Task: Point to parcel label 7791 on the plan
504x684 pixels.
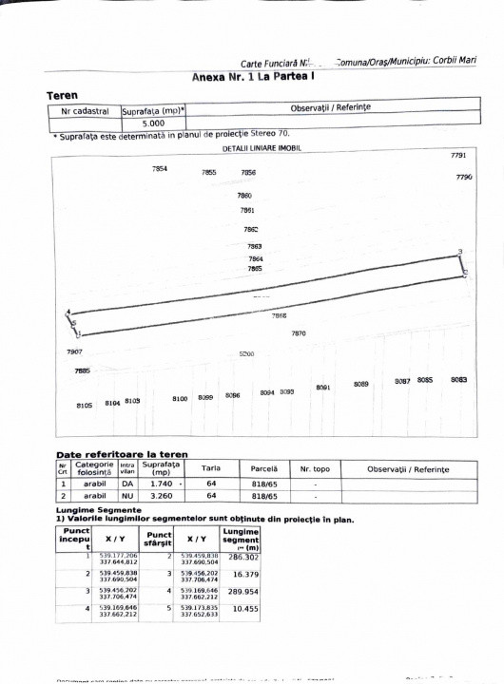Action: [x=457, y=155]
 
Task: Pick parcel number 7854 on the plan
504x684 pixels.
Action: [x=160, y=169]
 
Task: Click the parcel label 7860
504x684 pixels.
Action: [x=244, y=195]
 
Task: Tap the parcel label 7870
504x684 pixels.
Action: [x=298, y=333]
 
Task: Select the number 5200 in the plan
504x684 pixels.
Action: [x=246, y=353]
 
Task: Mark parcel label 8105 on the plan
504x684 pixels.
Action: [x=84, y=406]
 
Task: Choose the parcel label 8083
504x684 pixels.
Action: [x=458, y=380]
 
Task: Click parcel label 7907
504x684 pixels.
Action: [x=74, y=352]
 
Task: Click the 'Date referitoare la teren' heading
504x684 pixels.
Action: [x=122, y=455]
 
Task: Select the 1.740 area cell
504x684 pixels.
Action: [x=154, y=483]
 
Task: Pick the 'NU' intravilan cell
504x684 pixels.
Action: [x=126, y=495]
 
